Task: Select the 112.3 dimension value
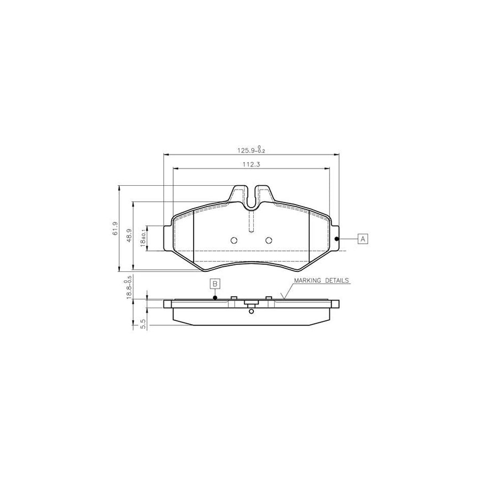pos(251,164)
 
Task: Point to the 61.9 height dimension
pos(115,228)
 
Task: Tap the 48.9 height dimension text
pos(129,235)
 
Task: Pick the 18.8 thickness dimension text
pos(129,288)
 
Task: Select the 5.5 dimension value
pos(144,324)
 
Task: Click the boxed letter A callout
pos(363,239)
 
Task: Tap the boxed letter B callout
pos(215,284)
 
